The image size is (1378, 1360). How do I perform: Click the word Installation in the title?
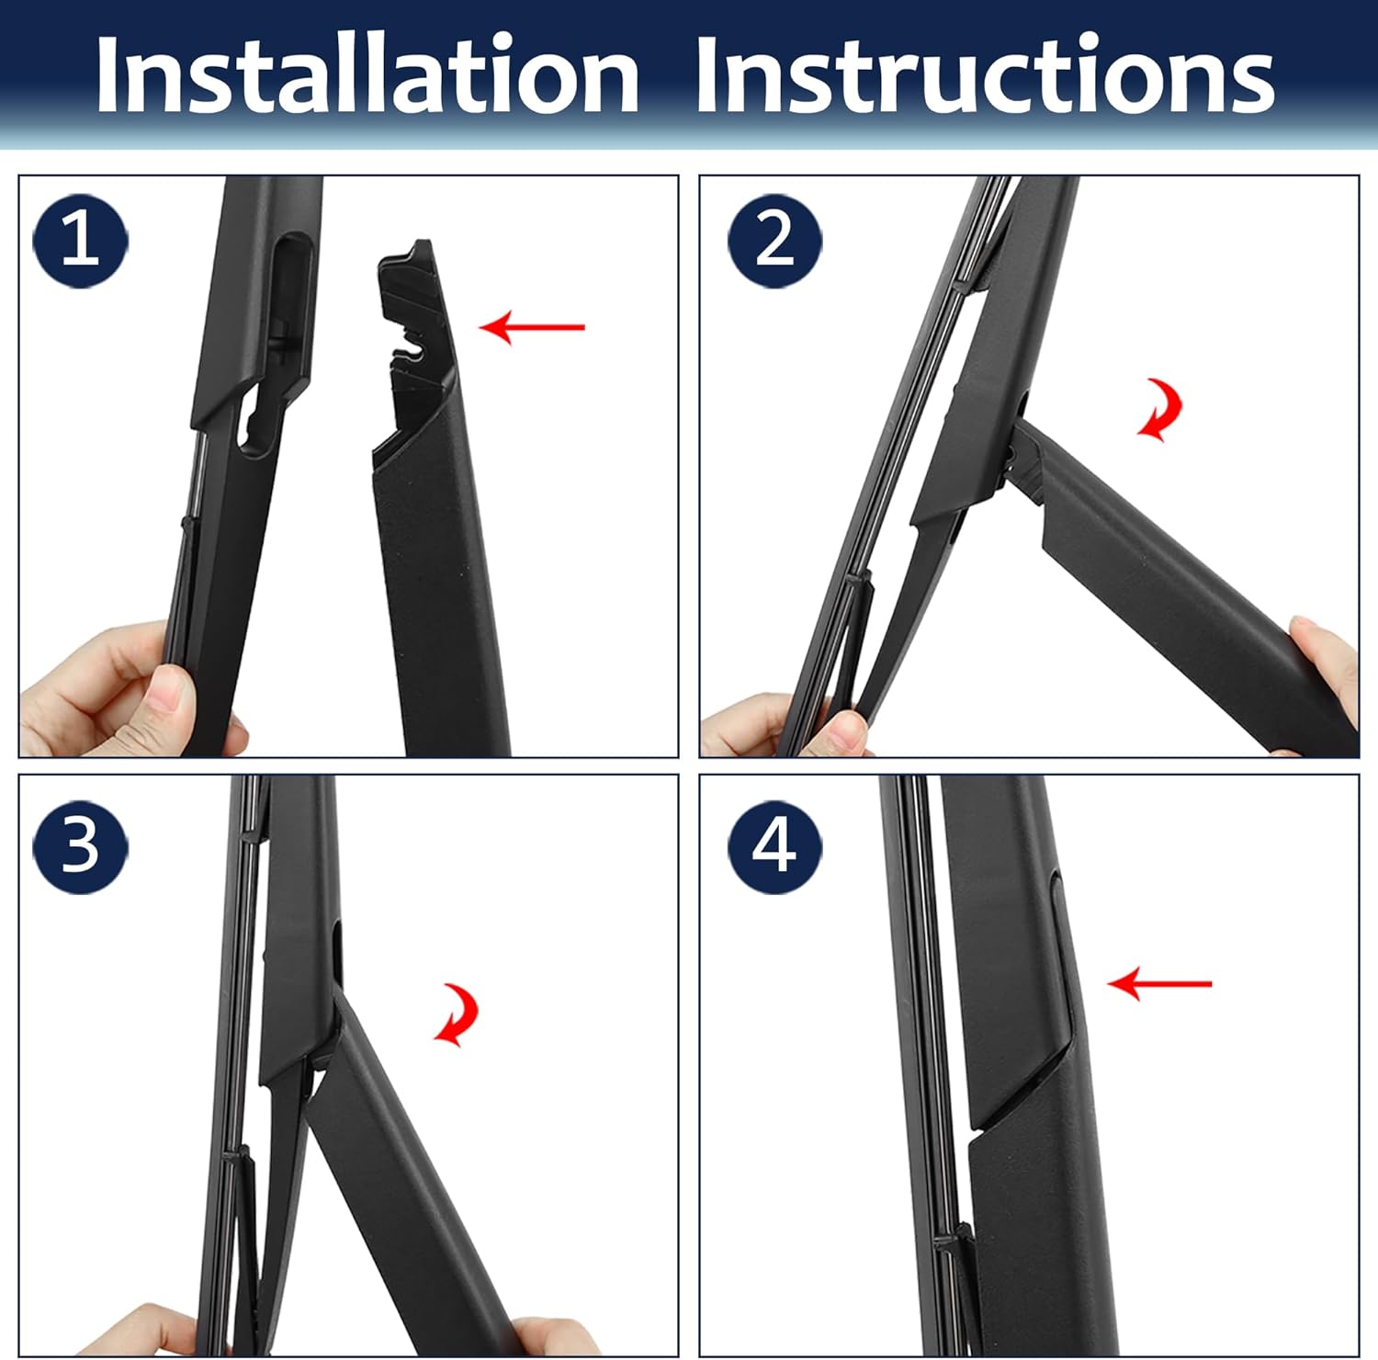pyautogui.click(x=367, y=75)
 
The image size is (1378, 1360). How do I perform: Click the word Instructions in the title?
pyautogui.click(x=984, y=75)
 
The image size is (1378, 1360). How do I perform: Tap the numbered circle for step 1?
pyautogui.click(x=80, y=241)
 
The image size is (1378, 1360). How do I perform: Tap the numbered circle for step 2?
pyautogui.click(x=774, y=241)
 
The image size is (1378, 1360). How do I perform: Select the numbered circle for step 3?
pyautogui.click(x=80, y=846)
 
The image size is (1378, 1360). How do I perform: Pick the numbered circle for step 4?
pyautogui.click(x=774, y=846)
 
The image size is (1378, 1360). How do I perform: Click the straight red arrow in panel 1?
pyautogui.click(x=532, y=326)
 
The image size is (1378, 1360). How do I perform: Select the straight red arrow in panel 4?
pyautogui.click(x=1159, y=983)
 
